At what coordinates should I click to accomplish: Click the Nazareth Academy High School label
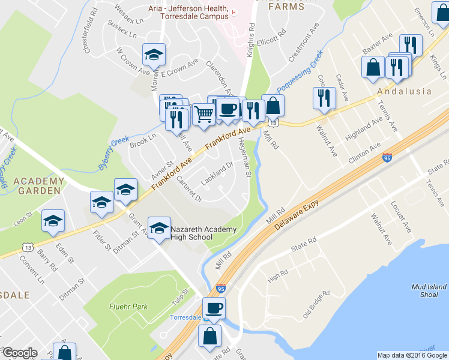203,233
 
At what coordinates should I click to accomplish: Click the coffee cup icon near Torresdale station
214,308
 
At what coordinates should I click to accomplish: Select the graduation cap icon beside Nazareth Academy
159,227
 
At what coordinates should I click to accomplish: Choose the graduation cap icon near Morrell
154,54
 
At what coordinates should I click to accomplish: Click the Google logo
20,353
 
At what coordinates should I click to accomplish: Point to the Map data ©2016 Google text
412,355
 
